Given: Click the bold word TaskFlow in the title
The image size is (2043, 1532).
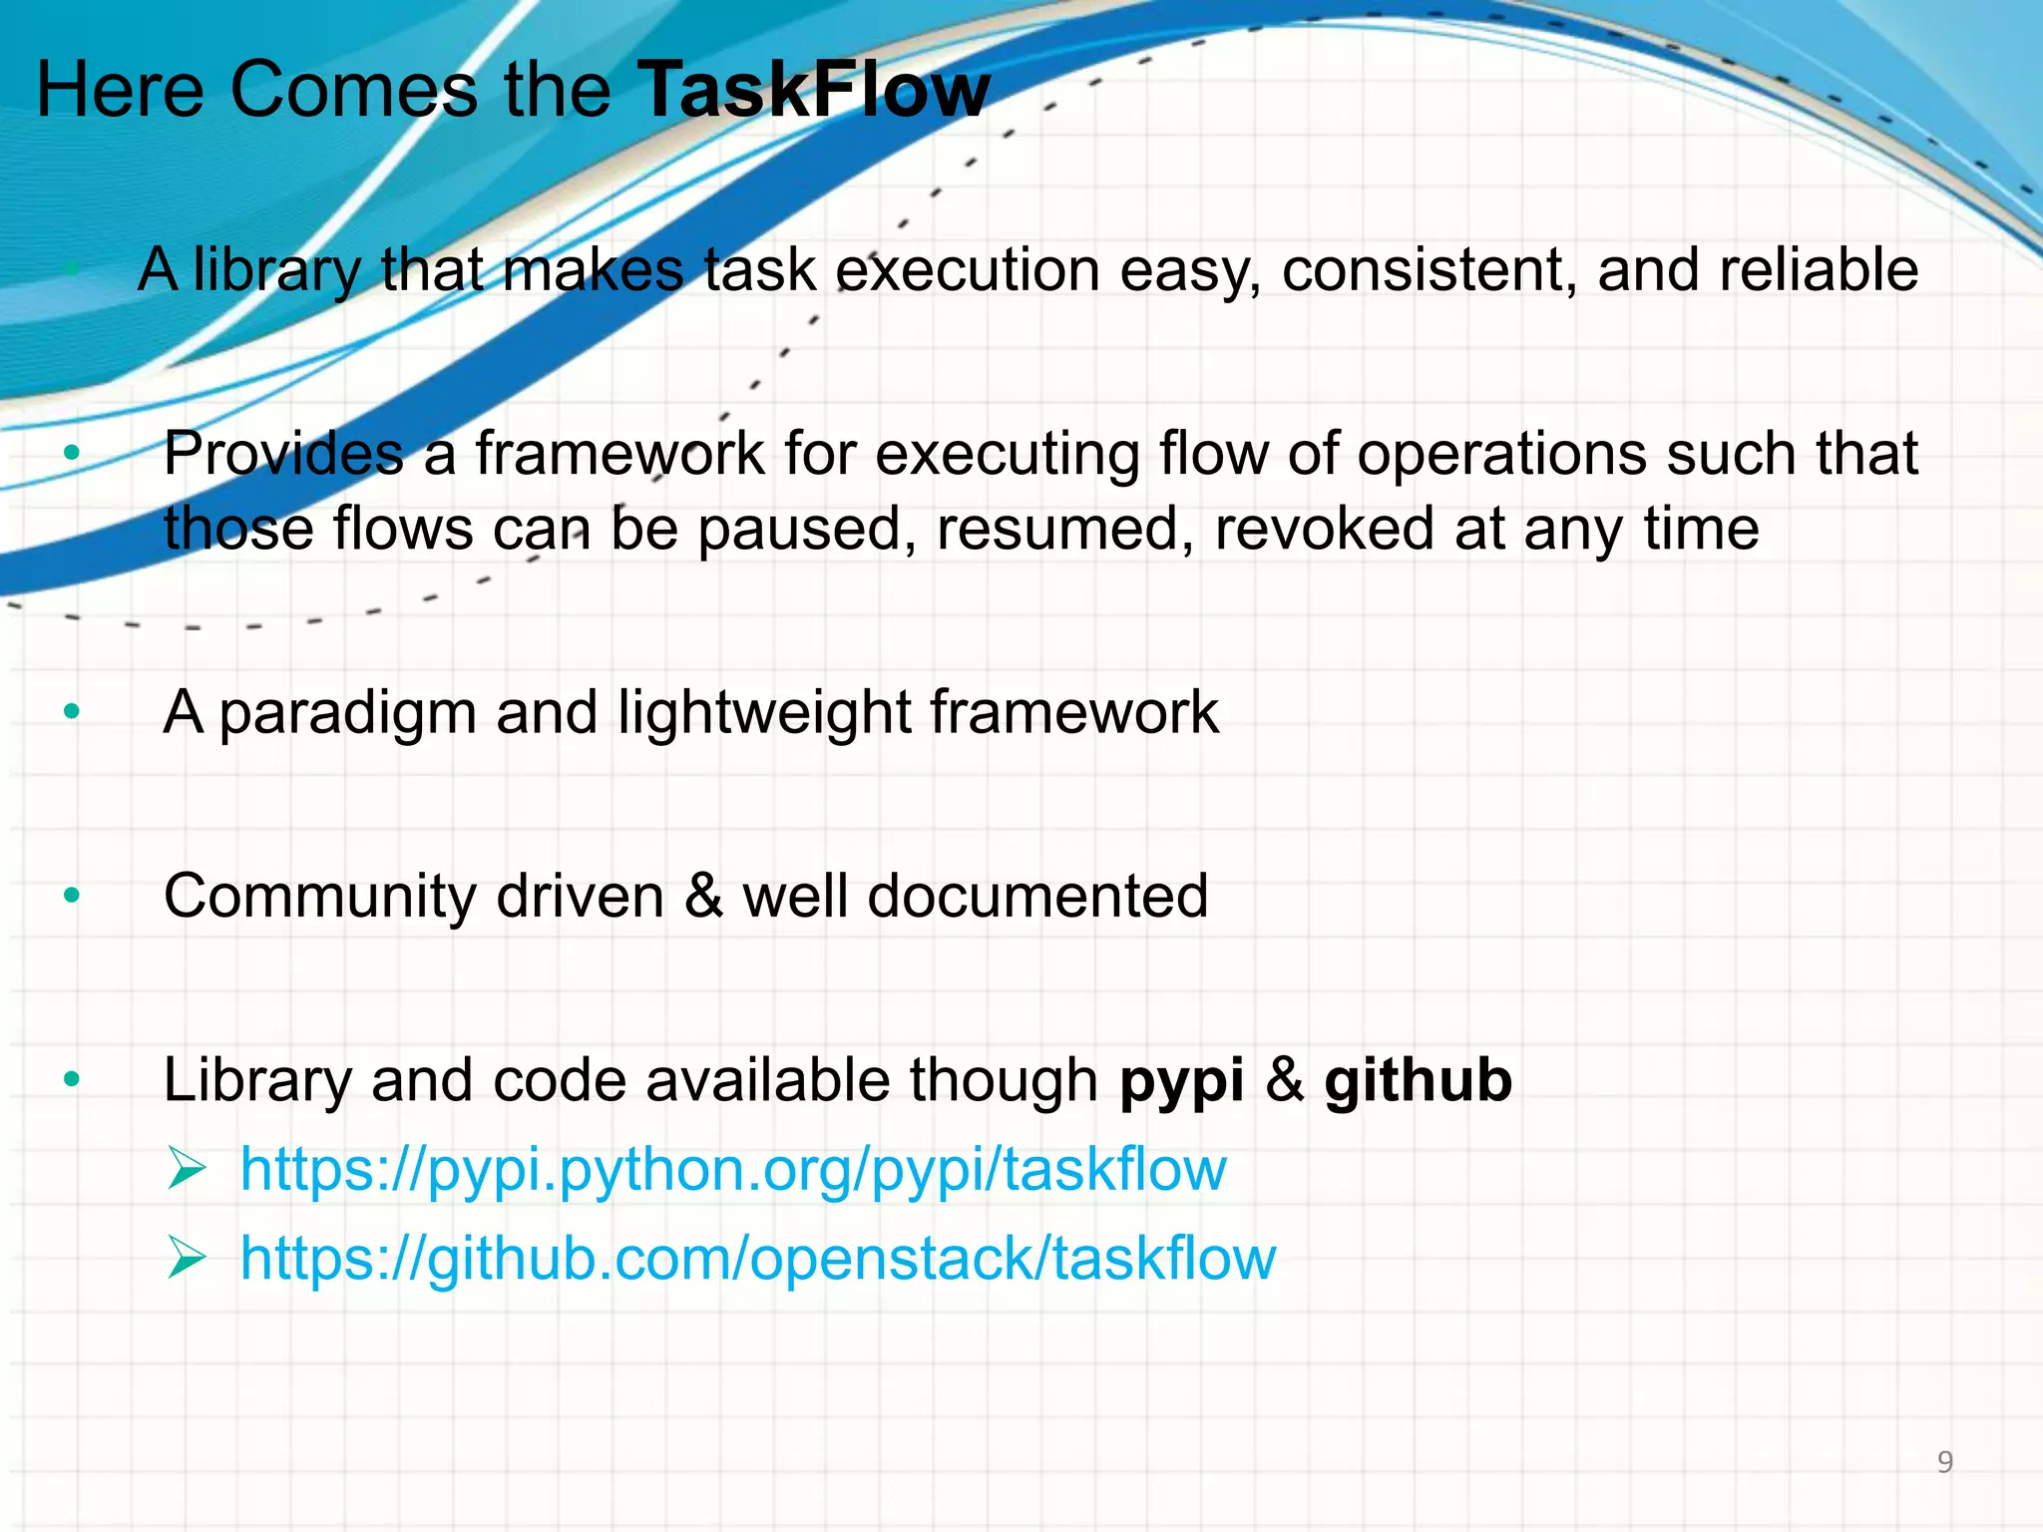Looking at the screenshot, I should click(x=813, y=90).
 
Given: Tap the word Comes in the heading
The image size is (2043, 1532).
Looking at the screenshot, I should click(x=354, y=90).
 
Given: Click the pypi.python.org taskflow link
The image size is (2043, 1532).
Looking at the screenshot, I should click(x=733, y=1169).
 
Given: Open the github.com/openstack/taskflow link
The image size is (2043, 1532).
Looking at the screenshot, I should click(x=758, y=1258).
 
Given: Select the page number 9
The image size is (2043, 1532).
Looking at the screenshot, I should click(x=1944, y=1462).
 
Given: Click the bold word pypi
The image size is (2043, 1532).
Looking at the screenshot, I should click(x=1182, y=1081).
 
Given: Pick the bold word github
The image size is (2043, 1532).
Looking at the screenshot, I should click(x=1418, y=1081).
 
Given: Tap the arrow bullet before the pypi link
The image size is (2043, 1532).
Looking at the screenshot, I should click(x=187, y=1169).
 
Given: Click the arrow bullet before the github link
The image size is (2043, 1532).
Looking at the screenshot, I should click(x=187, y=1258).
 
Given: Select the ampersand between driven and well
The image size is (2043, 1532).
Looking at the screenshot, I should click(x=703, y=896).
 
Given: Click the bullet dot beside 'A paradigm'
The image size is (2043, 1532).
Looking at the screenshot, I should click(x=71, y=712).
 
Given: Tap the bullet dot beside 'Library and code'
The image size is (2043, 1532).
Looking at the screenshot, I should click(x=71, y=1079).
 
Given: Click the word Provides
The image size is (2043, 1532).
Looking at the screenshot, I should click(x=283, y=455).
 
